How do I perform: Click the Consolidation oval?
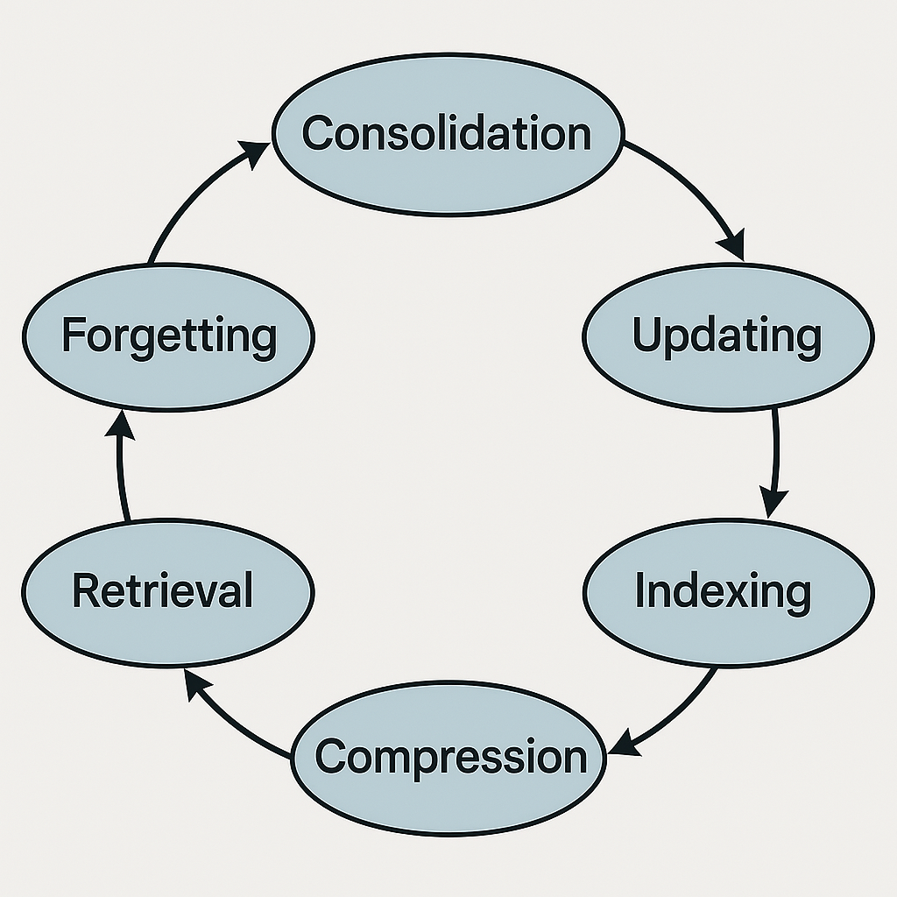[448, 135]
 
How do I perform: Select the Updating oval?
[728, 336]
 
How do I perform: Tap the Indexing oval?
[728, 592]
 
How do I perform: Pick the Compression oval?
[448, 758]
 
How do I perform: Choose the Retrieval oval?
[168, 592]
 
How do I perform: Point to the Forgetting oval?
[168, 336]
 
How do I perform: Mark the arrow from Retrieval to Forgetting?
[121, 464]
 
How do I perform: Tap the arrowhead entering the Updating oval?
[733, 245]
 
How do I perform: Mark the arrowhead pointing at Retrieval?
[196, 684]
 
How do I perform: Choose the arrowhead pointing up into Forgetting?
[120, 425]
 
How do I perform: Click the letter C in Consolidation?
[318, 133]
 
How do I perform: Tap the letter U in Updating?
[646, 333]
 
